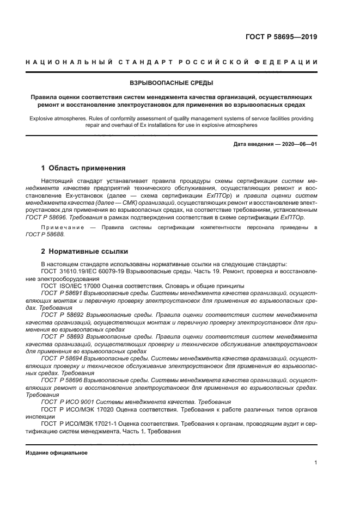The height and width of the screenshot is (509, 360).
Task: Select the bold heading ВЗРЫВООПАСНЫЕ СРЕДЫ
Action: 171,83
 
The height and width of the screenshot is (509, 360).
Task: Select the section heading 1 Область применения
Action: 76,168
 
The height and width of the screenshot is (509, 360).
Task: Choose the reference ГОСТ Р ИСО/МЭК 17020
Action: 78,408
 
